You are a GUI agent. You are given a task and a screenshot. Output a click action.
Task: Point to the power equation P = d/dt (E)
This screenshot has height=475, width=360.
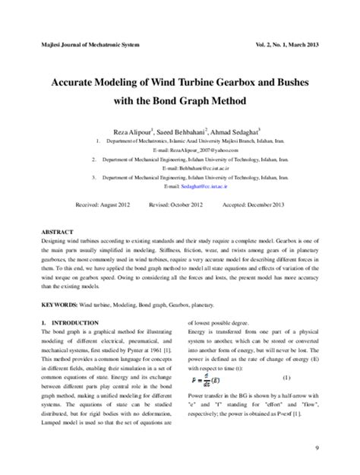[x=207, y=356]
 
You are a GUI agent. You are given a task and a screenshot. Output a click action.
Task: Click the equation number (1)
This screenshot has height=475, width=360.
[x=287, y=356]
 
